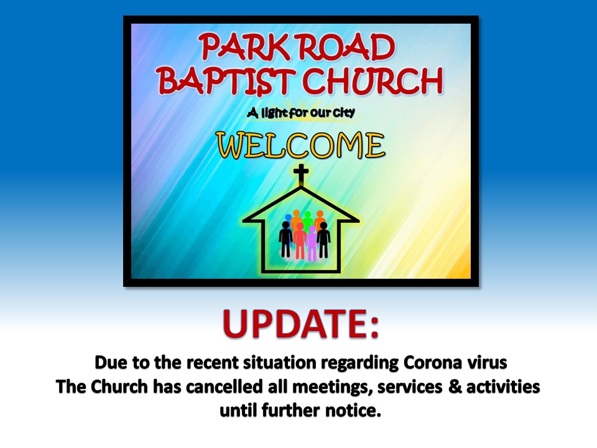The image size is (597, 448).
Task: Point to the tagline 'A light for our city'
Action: click(x=301, y=113)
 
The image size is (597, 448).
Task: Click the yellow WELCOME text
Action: click(x=301, y=146)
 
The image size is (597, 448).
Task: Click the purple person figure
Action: click(x=312, y=245)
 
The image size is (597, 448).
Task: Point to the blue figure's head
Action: click(x=289, y=218)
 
